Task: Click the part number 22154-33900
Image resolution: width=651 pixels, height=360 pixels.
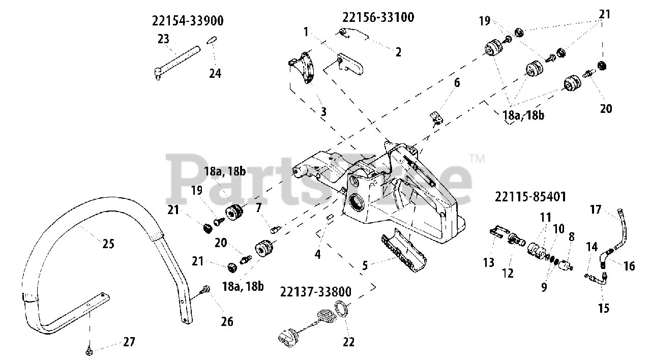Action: click(188, 21)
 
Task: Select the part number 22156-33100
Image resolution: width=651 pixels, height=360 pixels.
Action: click(378, 17)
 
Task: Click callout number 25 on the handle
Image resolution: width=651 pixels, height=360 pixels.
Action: click(108, 244)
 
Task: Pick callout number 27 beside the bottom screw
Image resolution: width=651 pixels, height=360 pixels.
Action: click(129, 342)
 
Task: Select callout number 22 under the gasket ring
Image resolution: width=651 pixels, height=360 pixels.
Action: click(348, 342)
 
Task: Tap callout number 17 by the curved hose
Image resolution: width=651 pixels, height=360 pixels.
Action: click(596, 209)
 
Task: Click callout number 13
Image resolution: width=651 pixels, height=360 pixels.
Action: click(488, 262)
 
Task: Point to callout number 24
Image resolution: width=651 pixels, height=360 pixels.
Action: click(215, 73)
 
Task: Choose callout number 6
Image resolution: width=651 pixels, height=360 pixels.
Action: click(456, 82)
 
